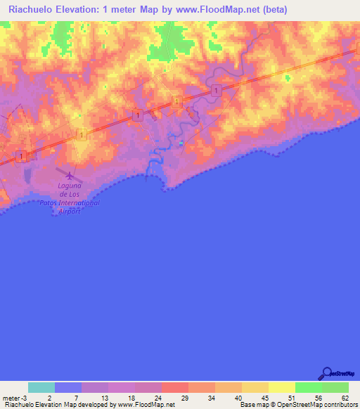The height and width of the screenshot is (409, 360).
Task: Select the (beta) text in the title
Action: (x=271, y=9)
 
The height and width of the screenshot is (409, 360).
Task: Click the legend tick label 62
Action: (x=345, y=398)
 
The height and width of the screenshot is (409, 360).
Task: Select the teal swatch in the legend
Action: (x=41, y=387)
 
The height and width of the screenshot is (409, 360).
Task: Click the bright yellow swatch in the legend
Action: (x=281, y=387)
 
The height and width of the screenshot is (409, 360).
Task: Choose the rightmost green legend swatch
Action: (x=335, y=387)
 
